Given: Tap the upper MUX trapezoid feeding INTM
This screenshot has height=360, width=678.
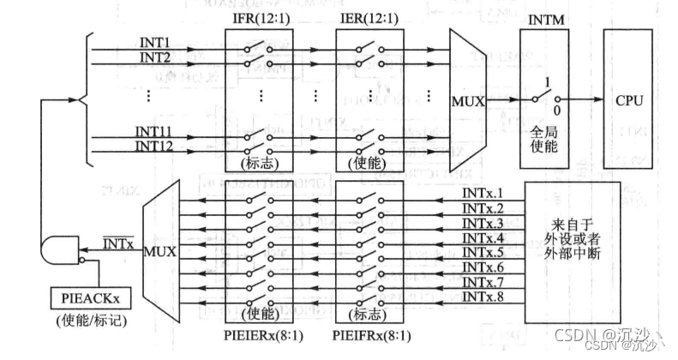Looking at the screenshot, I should (467, 100).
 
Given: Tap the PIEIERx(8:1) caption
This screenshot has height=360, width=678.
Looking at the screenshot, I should (255, 335).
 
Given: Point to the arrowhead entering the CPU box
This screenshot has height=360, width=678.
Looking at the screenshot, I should (597, 100).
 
